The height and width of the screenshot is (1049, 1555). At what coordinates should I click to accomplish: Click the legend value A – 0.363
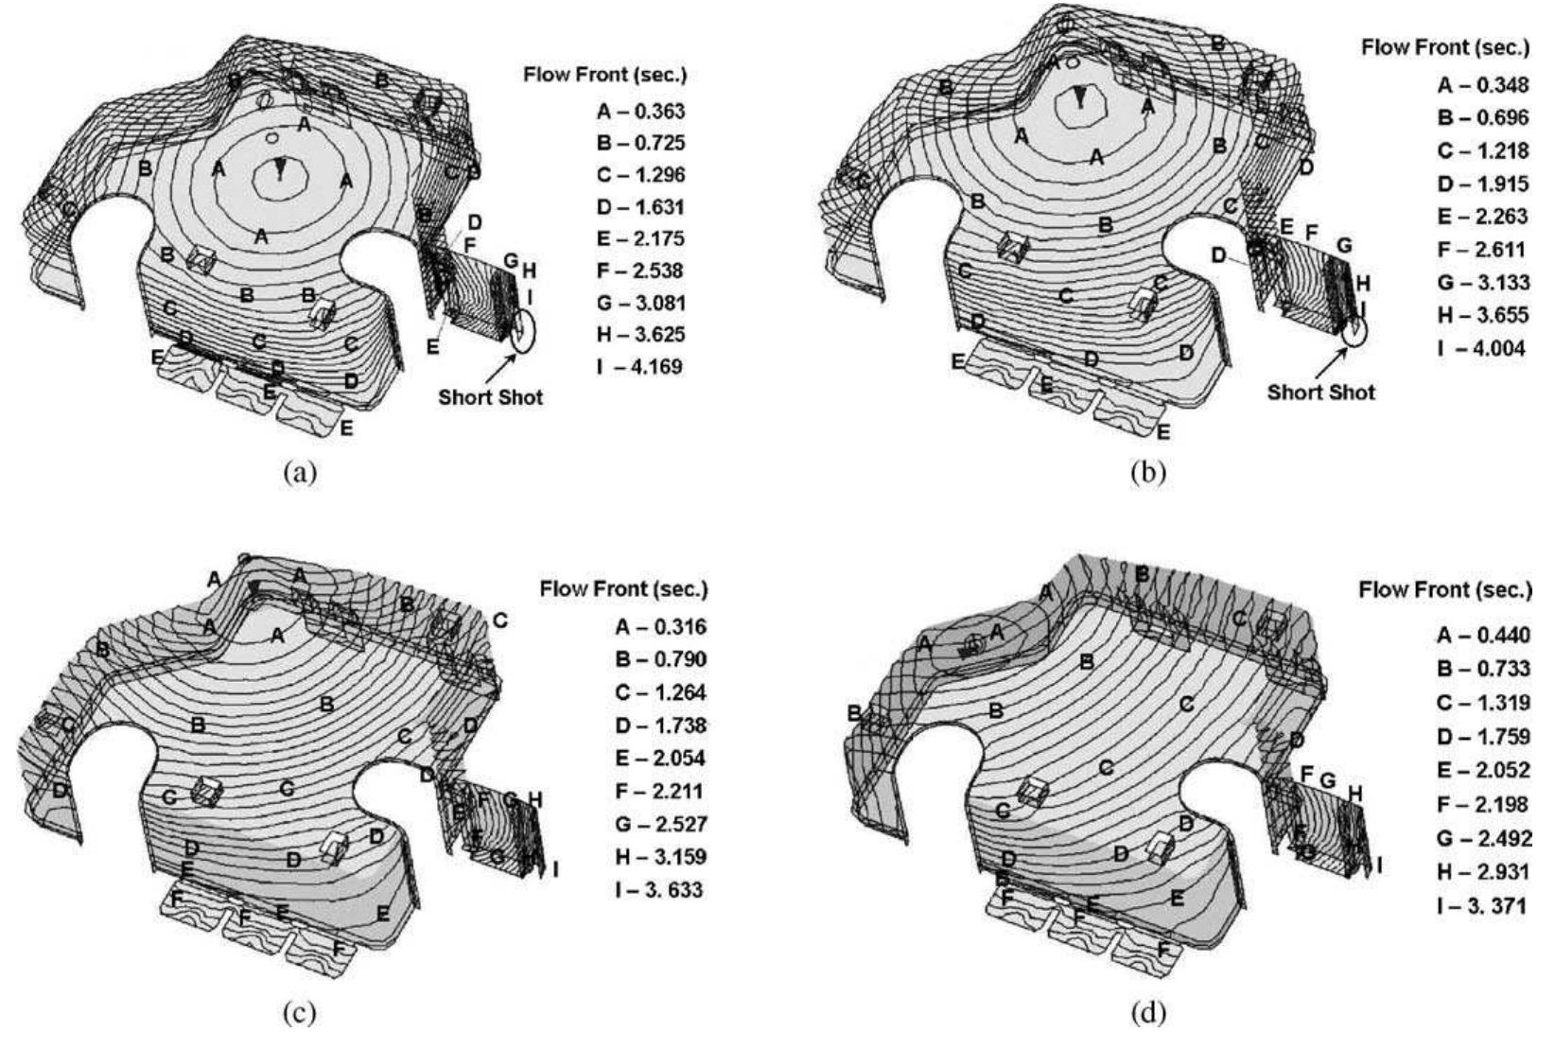coord(640,112)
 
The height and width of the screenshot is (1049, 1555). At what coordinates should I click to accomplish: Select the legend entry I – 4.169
coord(640,367)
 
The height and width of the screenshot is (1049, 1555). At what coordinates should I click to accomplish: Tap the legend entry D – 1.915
coord(1482,184)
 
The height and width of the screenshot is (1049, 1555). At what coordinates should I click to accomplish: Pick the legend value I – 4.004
coord(1482,348)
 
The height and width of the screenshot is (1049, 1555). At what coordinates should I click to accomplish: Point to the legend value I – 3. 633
coord(659,890)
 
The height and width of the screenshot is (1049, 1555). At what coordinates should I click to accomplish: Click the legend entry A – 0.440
coord(1482,636)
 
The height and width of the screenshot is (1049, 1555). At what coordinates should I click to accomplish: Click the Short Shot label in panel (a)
coord(490,397)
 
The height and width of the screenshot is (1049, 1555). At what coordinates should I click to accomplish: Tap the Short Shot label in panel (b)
coord(1320,392)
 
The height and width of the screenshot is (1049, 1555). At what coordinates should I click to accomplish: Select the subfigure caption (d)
coord(1148,1013)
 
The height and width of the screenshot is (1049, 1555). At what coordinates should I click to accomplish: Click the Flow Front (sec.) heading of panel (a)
coord(604,75)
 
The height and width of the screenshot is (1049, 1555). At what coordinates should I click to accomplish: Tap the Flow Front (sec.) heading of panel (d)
coord(1444,590)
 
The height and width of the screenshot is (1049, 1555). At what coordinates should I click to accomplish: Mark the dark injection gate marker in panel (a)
coord(280,168)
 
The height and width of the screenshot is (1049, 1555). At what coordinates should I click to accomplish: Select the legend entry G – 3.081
coord(640,304)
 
